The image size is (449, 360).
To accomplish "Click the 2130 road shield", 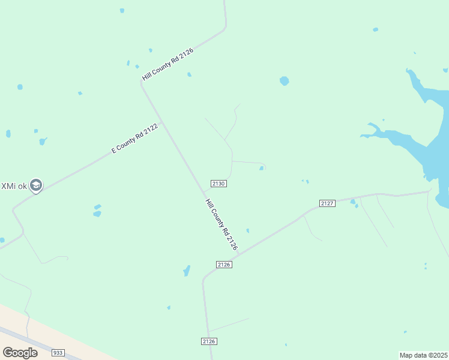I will [x=218, y=183].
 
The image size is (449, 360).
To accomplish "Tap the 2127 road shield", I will [x=327, y=203].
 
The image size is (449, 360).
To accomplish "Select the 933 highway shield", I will [x=58, y=353].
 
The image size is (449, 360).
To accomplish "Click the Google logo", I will [x=20, y=352].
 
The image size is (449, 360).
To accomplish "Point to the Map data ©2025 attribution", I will [x=423, y=355].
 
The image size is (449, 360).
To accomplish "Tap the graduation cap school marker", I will [x=36, y=185].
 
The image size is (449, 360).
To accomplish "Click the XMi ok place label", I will [x=13, y=185].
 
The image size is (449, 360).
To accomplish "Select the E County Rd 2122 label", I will [x=134, y=139].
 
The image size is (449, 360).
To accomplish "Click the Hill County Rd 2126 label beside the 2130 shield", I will [x=221, y=224].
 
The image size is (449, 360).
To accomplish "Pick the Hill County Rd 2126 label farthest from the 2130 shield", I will [x=167, y=65].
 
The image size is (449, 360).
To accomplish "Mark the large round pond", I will [x=284, y=80].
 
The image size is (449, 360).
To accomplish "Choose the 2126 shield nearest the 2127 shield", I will [x=224, y=264].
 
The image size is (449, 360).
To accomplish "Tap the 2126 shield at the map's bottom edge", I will [x=208, y=341].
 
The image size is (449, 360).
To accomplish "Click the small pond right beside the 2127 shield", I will [x=353, y=202].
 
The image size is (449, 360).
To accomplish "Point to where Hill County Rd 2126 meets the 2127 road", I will [x=238, y=254].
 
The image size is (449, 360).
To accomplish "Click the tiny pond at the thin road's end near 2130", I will [x=261, y=169].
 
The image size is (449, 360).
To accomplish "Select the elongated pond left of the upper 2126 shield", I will [x=187, y=271].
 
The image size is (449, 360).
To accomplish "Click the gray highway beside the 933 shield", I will [x=36, y=344].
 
